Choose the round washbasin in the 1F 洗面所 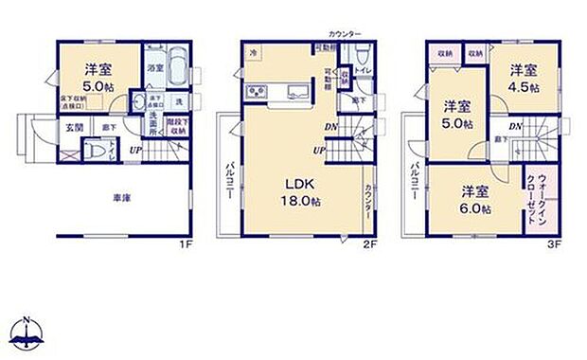click(x=138, y=103)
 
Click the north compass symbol click(x=26, y=329)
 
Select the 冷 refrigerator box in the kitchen click(x=254, y=54)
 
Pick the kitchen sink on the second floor click(x=294, y=93)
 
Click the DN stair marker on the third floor click(x=514, y=126)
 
